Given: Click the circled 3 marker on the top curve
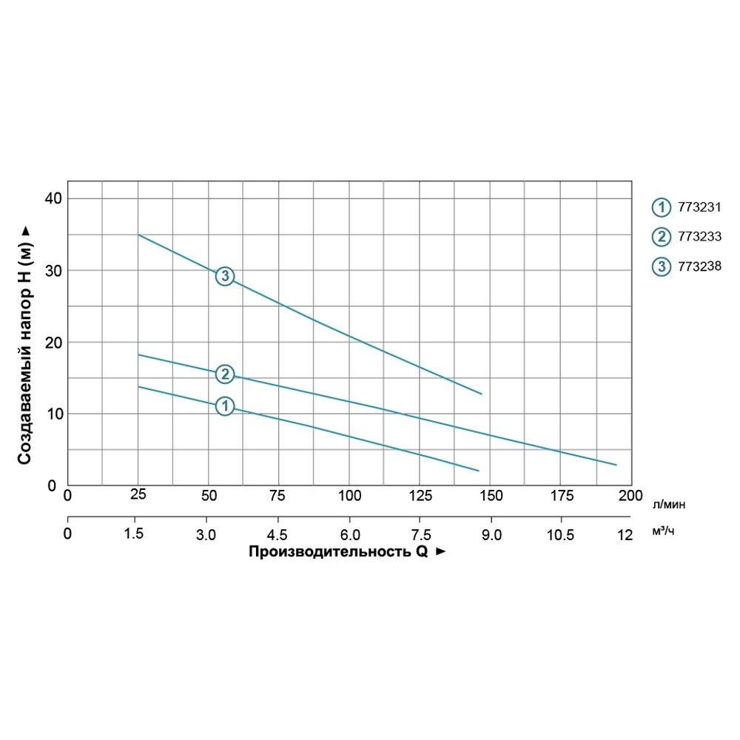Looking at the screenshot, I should [x=224, y=276].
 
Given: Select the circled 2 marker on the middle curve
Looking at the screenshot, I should [x=224, y=374].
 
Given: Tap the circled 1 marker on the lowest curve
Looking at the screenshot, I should [x=224, y=406].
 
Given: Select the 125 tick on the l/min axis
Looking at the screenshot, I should [x=420, y=495].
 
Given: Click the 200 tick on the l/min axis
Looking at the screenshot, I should [x=630, y=495].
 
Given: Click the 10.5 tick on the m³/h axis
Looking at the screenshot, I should [x=560, y=534].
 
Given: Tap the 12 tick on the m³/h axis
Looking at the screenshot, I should [x=625, y=534].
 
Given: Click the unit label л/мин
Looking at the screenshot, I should [x=669, y=505].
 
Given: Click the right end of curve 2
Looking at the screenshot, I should [x=616, y=465].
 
